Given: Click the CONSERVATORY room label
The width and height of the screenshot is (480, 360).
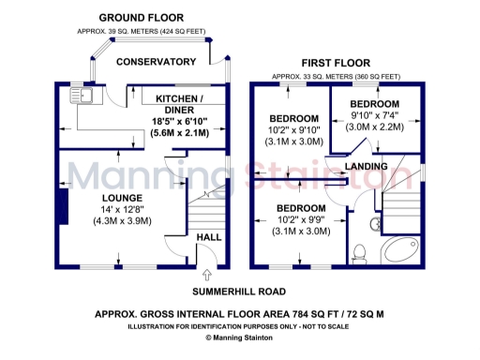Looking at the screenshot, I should [x=156, y=62].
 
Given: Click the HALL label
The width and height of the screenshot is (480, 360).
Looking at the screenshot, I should [x=208, y=237].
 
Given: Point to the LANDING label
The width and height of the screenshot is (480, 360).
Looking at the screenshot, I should [x=366, y=166].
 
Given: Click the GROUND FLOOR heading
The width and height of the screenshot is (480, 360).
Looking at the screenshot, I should [x=141, y=18].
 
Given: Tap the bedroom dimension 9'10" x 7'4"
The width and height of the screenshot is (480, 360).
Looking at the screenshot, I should [x=374, y=115].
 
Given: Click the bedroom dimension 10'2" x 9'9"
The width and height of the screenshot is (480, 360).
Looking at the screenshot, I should [x=300, y=218].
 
